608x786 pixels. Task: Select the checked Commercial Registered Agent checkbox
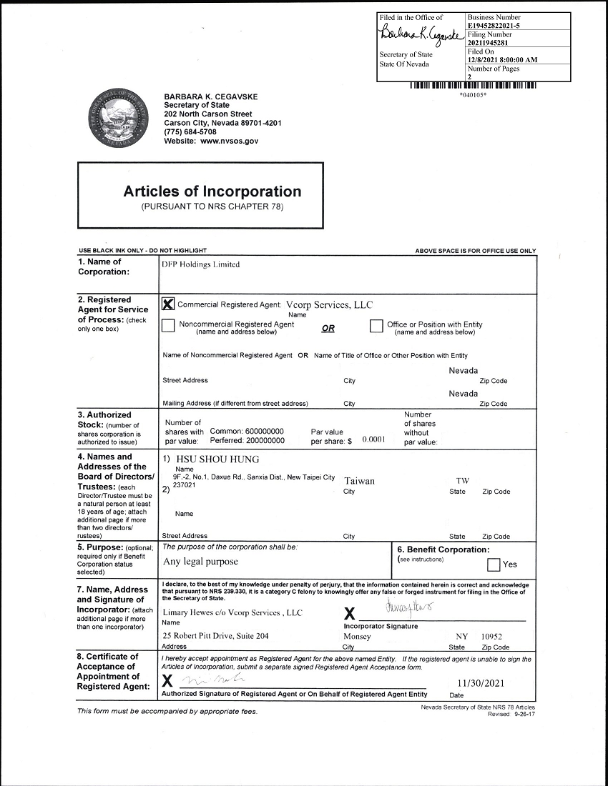169,304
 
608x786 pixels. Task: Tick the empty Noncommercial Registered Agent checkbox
169,326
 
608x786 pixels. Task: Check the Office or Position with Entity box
376,326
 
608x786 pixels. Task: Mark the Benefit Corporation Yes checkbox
494,564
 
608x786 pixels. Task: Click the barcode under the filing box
473,86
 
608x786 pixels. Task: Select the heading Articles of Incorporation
212,191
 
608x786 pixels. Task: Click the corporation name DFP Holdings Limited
201,264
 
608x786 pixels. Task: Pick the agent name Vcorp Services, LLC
329,304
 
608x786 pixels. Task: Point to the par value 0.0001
373,439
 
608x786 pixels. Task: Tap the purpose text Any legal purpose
200,562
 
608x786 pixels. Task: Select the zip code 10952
491,636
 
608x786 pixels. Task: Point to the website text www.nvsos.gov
229,141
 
